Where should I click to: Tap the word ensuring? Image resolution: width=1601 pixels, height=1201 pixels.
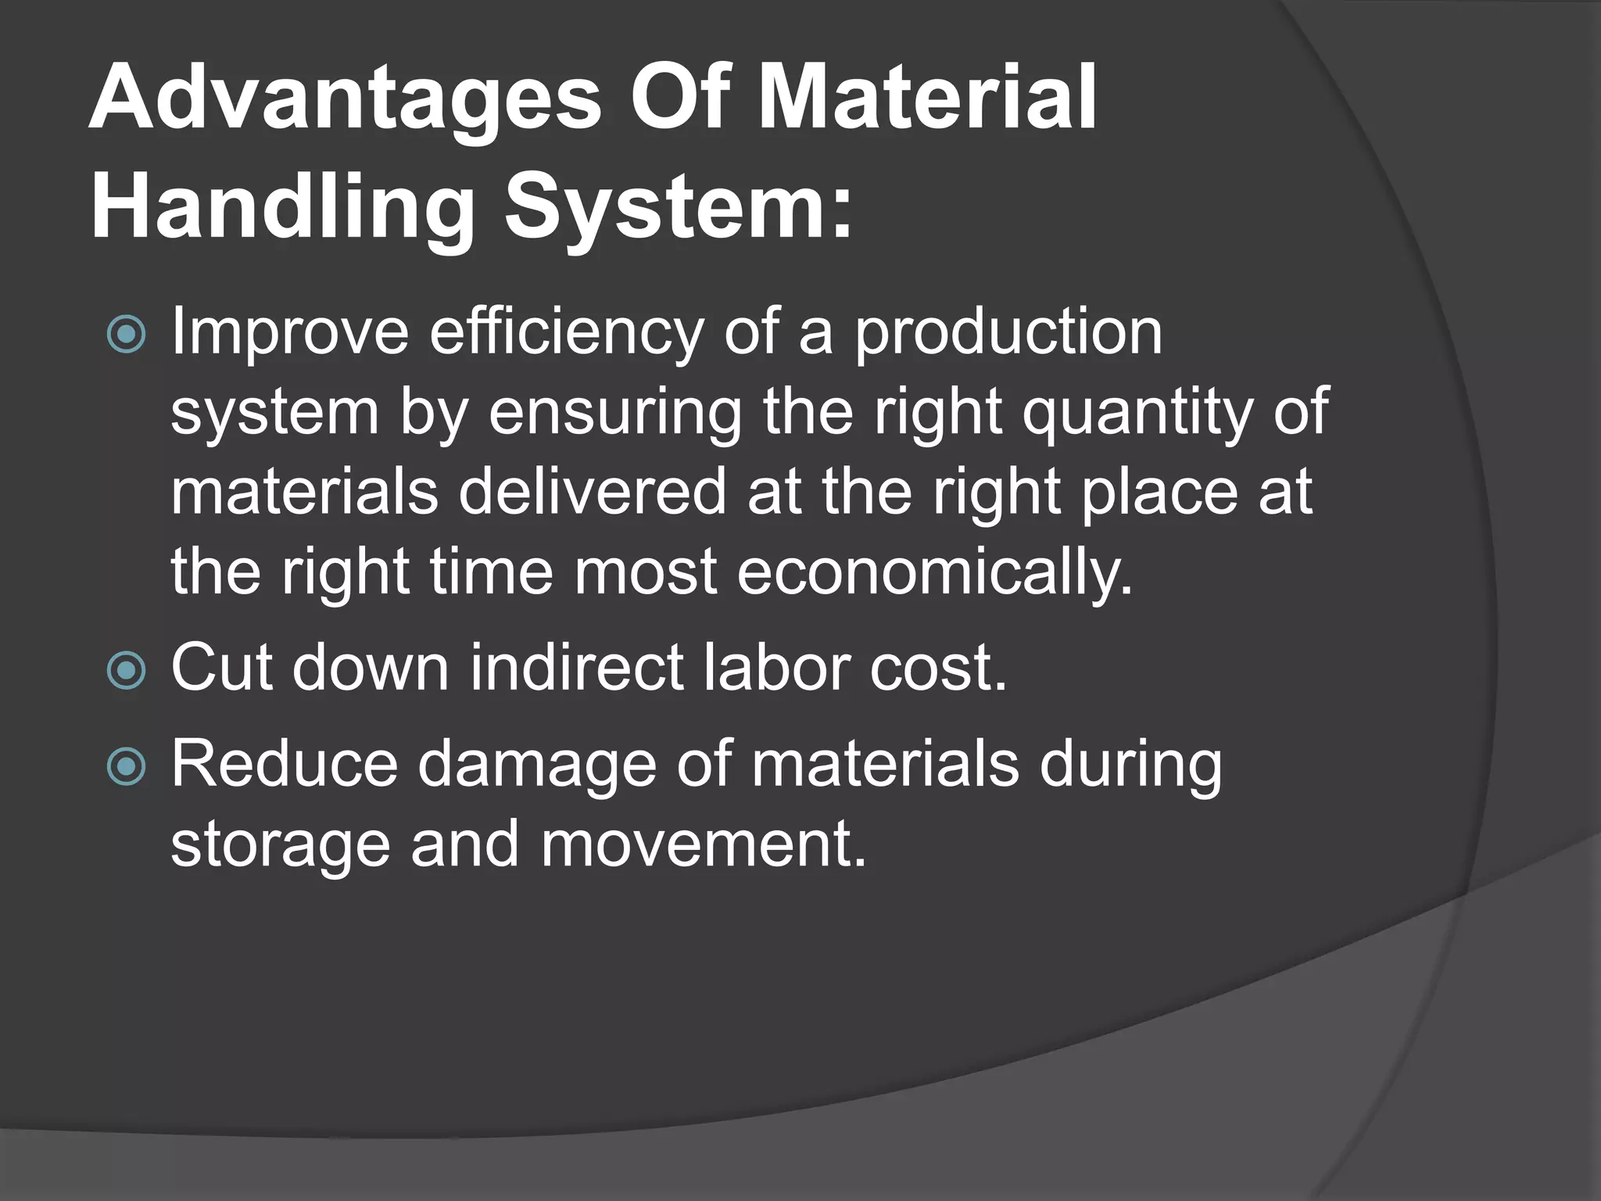click(614, 413)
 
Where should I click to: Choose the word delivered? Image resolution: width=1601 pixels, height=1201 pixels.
click(593, 493)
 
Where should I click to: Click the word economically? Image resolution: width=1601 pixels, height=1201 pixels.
click(934, 573)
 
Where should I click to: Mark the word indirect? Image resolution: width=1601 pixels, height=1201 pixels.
click(577, 669)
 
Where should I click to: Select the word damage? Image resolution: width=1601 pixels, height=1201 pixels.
click(537, 765)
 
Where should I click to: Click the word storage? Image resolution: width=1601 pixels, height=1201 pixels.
click(280, 846)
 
